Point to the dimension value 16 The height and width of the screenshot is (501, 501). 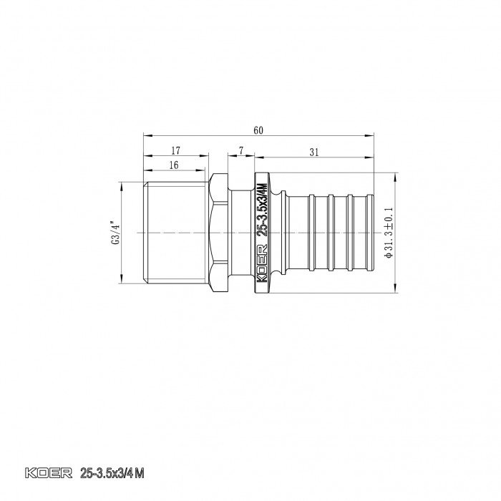click(174, 165)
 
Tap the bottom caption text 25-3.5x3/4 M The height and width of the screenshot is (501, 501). click(112, 473)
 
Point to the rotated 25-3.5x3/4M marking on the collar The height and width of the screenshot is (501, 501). click(263, 210)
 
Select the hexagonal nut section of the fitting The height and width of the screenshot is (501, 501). click(220, 233)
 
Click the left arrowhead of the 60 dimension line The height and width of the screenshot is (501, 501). click(146, 135)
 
